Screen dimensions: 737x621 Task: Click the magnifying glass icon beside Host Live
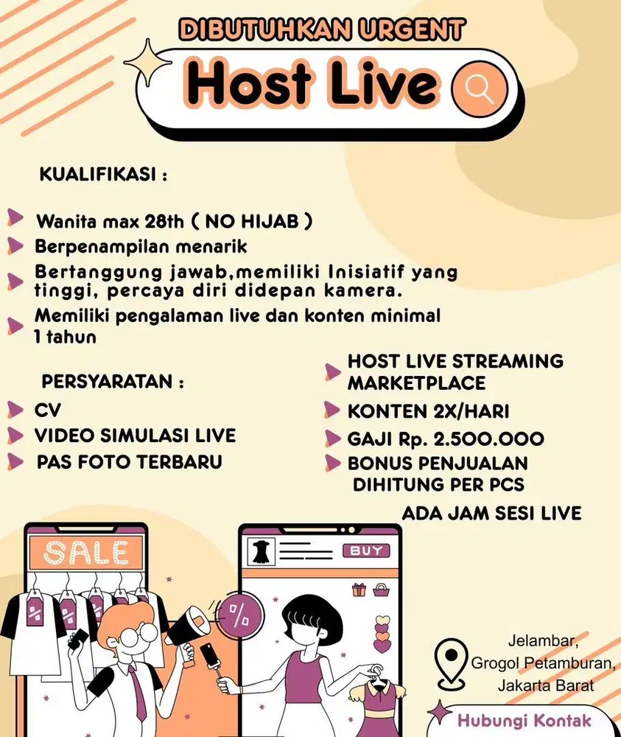point(480,88)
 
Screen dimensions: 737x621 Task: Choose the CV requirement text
point(48,410)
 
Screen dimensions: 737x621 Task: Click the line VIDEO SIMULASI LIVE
point(135,436)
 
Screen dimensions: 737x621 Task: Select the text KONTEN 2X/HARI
point(428,411)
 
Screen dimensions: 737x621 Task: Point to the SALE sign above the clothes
point(85,551)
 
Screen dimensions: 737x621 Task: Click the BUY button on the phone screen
point(365,551)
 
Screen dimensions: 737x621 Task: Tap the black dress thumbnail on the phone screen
point(259,551)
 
